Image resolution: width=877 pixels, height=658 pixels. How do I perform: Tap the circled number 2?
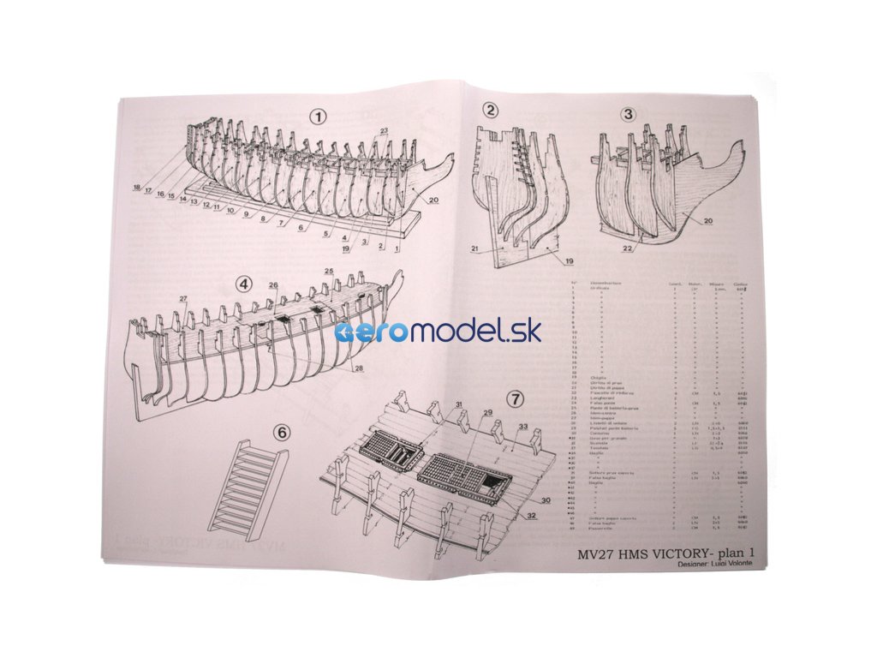(490, 110)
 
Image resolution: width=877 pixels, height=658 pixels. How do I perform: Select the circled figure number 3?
(628, 114)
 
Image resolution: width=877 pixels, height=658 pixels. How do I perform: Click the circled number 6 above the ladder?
(283, 433)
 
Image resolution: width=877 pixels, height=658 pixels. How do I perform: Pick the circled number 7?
(515, 398)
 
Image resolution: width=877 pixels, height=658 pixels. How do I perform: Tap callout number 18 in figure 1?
(136, 188)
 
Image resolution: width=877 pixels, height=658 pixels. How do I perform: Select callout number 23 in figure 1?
(383, 130)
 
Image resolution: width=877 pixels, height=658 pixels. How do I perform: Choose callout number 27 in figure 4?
(182, 298)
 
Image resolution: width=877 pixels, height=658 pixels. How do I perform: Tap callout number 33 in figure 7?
(522, 427)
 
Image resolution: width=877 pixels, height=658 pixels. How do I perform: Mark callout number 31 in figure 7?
(459, 404)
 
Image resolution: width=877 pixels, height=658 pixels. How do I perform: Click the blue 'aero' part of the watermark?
(367, 332)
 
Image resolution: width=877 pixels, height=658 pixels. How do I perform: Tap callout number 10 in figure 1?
(231, 211)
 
